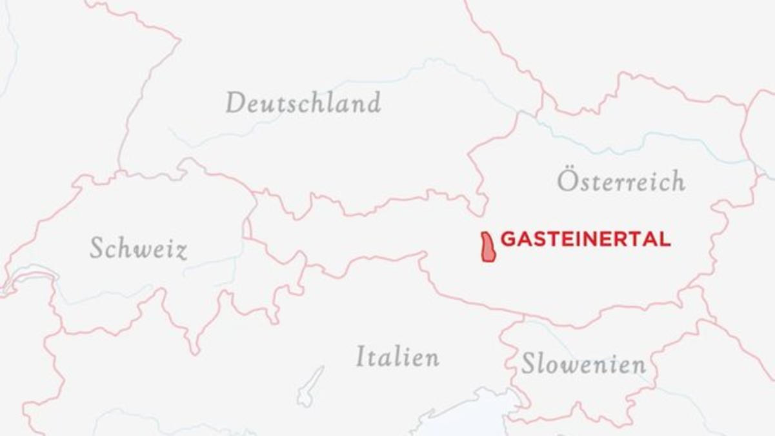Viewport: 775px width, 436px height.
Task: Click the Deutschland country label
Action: point(303,103)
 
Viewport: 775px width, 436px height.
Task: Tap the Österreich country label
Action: point(621,181)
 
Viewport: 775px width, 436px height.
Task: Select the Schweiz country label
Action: point(138,248)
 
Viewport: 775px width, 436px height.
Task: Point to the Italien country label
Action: point(398,357)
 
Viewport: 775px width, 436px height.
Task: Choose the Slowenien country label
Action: point(583,364)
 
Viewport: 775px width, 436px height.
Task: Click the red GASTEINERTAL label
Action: point(585,239)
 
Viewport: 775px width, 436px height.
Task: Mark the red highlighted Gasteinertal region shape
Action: point(488,247)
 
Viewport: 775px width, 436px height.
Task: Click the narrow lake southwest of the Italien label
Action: point(310,387)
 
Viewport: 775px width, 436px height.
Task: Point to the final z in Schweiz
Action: point(181,250)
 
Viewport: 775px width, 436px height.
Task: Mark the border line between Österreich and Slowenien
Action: point(581,322)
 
